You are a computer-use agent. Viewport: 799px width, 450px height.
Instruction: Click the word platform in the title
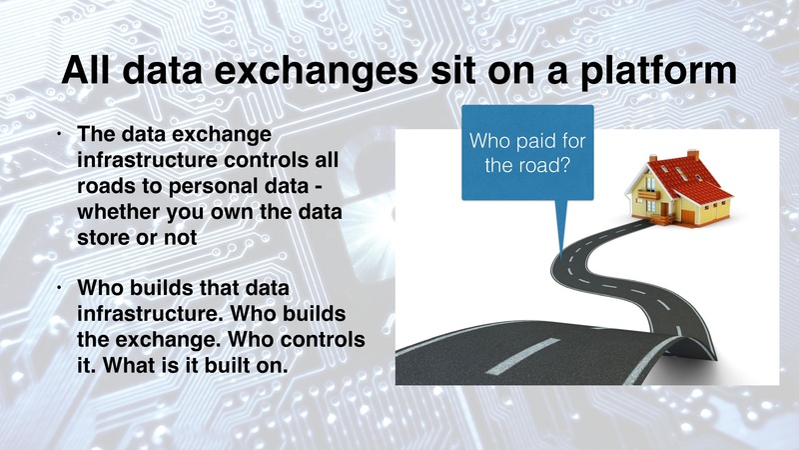click(x=647, y=73)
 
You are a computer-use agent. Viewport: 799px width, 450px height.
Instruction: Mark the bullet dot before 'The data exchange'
click(x=61, y=134)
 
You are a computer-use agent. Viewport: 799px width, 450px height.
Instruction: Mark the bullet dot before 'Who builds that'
click(x=61, y=288)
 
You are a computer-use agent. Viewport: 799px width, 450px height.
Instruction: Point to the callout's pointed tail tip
click(x=561, y=244)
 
